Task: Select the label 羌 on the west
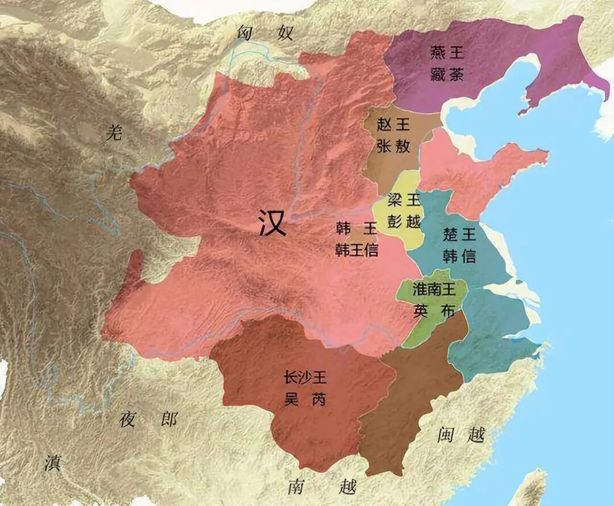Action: coord(114,133)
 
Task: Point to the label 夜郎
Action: coord(149,420)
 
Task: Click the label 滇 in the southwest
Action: coord(52,463)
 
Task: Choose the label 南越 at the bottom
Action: coord(322,487)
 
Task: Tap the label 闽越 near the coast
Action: coord(461,436)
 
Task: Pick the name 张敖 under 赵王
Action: coord(393,146)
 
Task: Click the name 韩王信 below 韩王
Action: coord(356,250)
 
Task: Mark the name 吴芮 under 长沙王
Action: coord(305,399)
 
